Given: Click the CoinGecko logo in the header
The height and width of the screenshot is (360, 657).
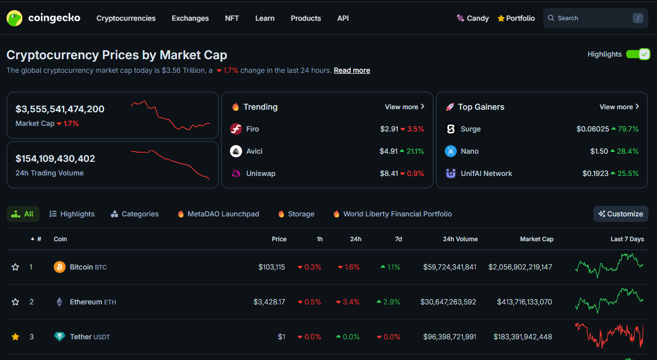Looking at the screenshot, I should pos(43,18).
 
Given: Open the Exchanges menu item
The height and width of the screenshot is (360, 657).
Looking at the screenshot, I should pos(190,18).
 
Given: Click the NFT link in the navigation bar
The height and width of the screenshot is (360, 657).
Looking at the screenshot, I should pos(232,18).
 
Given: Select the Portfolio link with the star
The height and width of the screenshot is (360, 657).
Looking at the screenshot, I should pos(516,18).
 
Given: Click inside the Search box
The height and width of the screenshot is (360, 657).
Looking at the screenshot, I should pos(591,18).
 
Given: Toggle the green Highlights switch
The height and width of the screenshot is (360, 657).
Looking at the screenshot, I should pos(638,54).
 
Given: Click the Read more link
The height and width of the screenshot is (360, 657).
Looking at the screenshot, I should pos(352,70).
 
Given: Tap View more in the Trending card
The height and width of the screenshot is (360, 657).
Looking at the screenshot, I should pos(404,107).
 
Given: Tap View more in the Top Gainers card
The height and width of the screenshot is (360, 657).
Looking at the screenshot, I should pos(619,107).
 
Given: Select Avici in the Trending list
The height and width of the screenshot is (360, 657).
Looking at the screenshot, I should pos(254,151).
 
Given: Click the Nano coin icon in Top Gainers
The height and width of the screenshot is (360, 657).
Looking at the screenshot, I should pos(450,151).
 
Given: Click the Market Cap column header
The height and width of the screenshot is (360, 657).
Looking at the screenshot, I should pos(536,239).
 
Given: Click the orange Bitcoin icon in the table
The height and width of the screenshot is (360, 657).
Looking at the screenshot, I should pos(60,267).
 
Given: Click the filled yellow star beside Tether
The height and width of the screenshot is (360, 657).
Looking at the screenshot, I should pos(16,337).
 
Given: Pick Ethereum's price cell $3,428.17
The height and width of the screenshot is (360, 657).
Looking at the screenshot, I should pos(269,302).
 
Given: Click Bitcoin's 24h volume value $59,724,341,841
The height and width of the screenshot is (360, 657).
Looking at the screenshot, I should pos(449,267).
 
